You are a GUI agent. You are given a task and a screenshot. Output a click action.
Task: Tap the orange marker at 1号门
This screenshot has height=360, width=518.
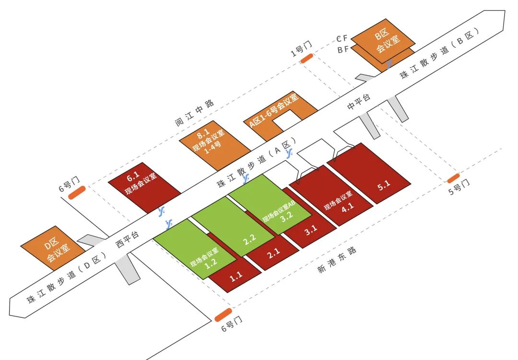(x=307, y=58)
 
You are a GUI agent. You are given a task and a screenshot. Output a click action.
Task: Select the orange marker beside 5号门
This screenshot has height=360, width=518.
(x=453, y=179)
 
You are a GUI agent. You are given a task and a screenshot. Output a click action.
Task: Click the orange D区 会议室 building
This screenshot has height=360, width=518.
(x=49, y=250)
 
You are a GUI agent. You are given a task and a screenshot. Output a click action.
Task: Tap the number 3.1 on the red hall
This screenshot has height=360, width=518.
(x=311, y=229)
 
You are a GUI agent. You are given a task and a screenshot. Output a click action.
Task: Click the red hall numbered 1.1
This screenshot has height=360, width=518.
(x=235, y=276)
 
